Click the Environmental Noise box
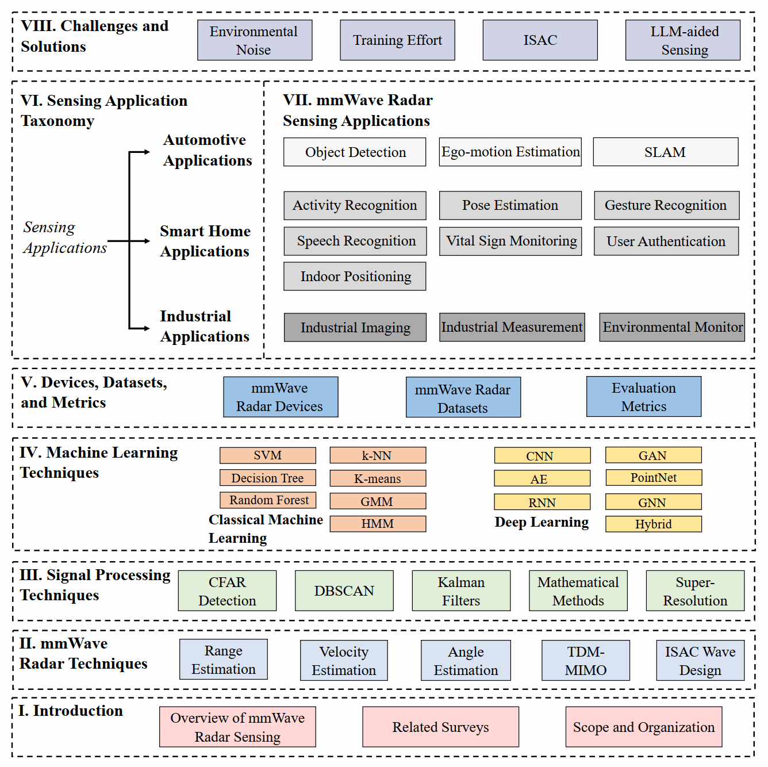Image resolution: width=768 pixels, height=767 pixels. pos(255,40)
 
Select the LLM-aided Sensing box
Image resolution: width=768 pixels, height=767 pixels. pos(683,40)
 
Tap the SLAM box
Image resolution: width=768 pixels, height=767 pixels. pos(665,152)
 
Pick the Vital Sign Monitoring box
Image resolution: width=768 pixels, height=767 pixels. pos(510,241)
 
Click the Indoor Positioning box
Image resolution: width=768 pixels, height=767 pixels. pos(355,277)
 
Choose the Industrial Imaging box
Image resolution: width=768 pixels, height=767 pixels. pos(355,327)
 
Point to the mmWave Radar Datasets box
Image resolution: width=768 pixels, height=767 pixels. pos(463,397)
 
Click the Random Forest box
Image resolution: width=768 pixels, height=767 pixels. pos(268,500)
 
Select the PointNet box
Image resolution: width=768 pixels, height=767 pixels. pos(653,478)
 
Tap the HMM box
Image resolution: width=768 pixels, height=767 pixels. pos(378,524)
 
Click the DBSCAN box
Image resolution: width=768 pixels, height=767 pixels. pos(344,590)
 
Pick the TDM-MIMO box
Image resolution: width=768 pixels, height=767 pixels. pos(585,661)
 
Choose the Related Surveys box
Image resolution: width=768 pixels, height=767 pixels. pos(440,727)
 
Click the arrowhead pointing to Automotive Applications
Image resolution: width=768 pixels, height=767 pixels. pos(147,152)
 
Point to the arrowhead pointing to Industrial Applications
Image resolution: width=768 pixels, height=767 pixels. pos(147,328)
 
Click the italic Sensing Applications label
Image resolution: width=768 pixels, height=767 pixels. pos(64,237)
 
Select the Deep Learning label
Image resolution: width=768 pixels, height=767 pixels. pos(542,522)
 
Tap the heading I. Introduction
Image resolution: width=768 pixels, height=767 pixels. pos(71,711)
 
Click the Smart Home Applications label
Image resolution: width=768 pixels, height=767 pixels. pos(205,241)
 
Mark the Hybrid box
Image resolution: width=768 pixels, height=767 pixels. pos(653,524)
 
